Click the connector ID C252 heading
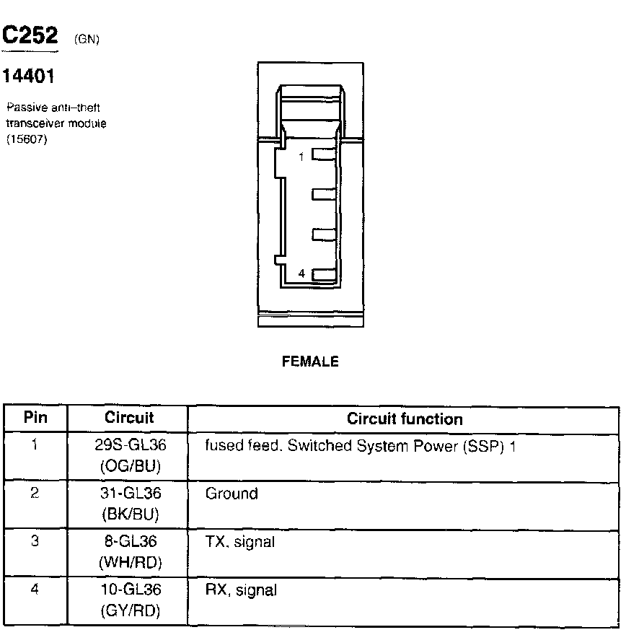(x=30, y=36)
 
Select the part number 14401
(x=30, y=75)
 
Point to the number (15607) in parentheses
(x=26, y=140)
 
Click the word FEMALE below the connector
(x=310, y=362)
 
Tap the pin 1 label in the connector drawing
(x=301, y=156)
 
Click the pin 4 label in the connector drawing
(x=301, y=274)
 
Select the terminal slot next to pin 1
(x=322, y=155)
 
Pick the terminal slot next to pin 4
(x=322, y=274)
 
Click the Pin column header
(x=35, y=418)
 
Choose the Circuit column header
(x=129, y=418)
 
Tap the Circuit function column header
(x=405, y=419)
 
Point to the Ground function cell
(x=232, y=494)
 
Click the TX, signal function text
(x=240, y=542)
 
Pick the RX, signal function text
(x=241, y=590)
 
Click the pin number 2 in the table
(x=35, y=494)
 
